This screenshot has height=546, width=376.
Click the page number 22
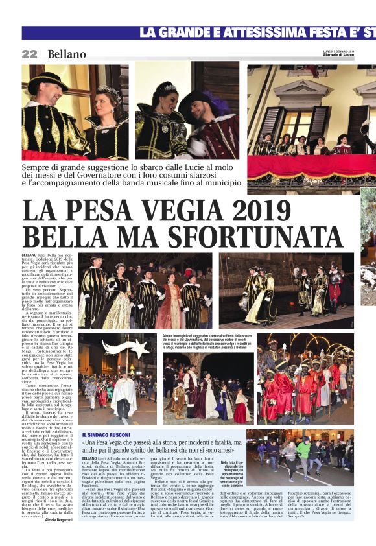coord(29,54)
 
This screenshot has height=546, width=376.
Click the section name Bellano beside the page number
coord(67,54)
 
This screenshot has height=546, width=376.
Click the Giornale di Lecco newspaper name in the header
coord(340,55)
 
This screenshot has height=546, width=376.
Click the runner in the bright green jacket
coord(303,451)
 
